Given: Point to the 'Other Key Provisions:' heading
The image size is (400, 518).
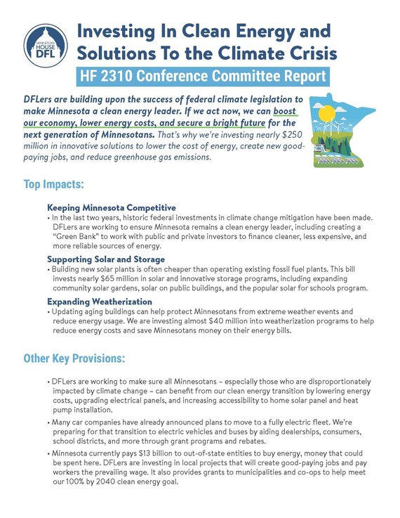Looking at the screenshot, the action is [74, 358].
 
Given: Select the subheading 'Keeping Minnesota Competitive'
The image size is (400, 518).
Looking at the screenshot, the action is [111, 208].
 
